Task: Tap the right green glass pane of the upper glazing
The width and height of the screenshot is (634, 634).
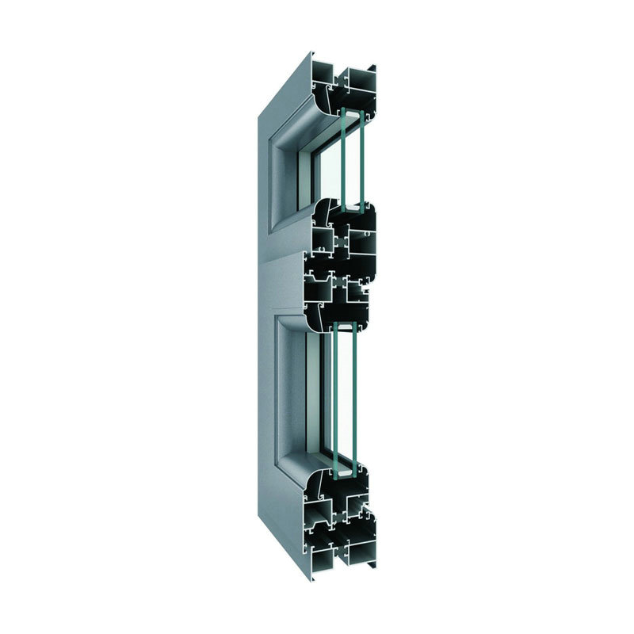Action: coord(361,158)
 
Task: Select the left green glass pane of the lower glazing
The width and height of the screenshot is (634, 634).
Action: coord(335,396)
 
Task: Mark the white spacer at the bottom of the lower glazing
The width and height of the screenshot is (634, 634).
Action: coord(344,473)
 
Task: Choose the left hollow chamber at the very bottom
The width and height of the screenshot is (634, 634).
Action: coord(326,548)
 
